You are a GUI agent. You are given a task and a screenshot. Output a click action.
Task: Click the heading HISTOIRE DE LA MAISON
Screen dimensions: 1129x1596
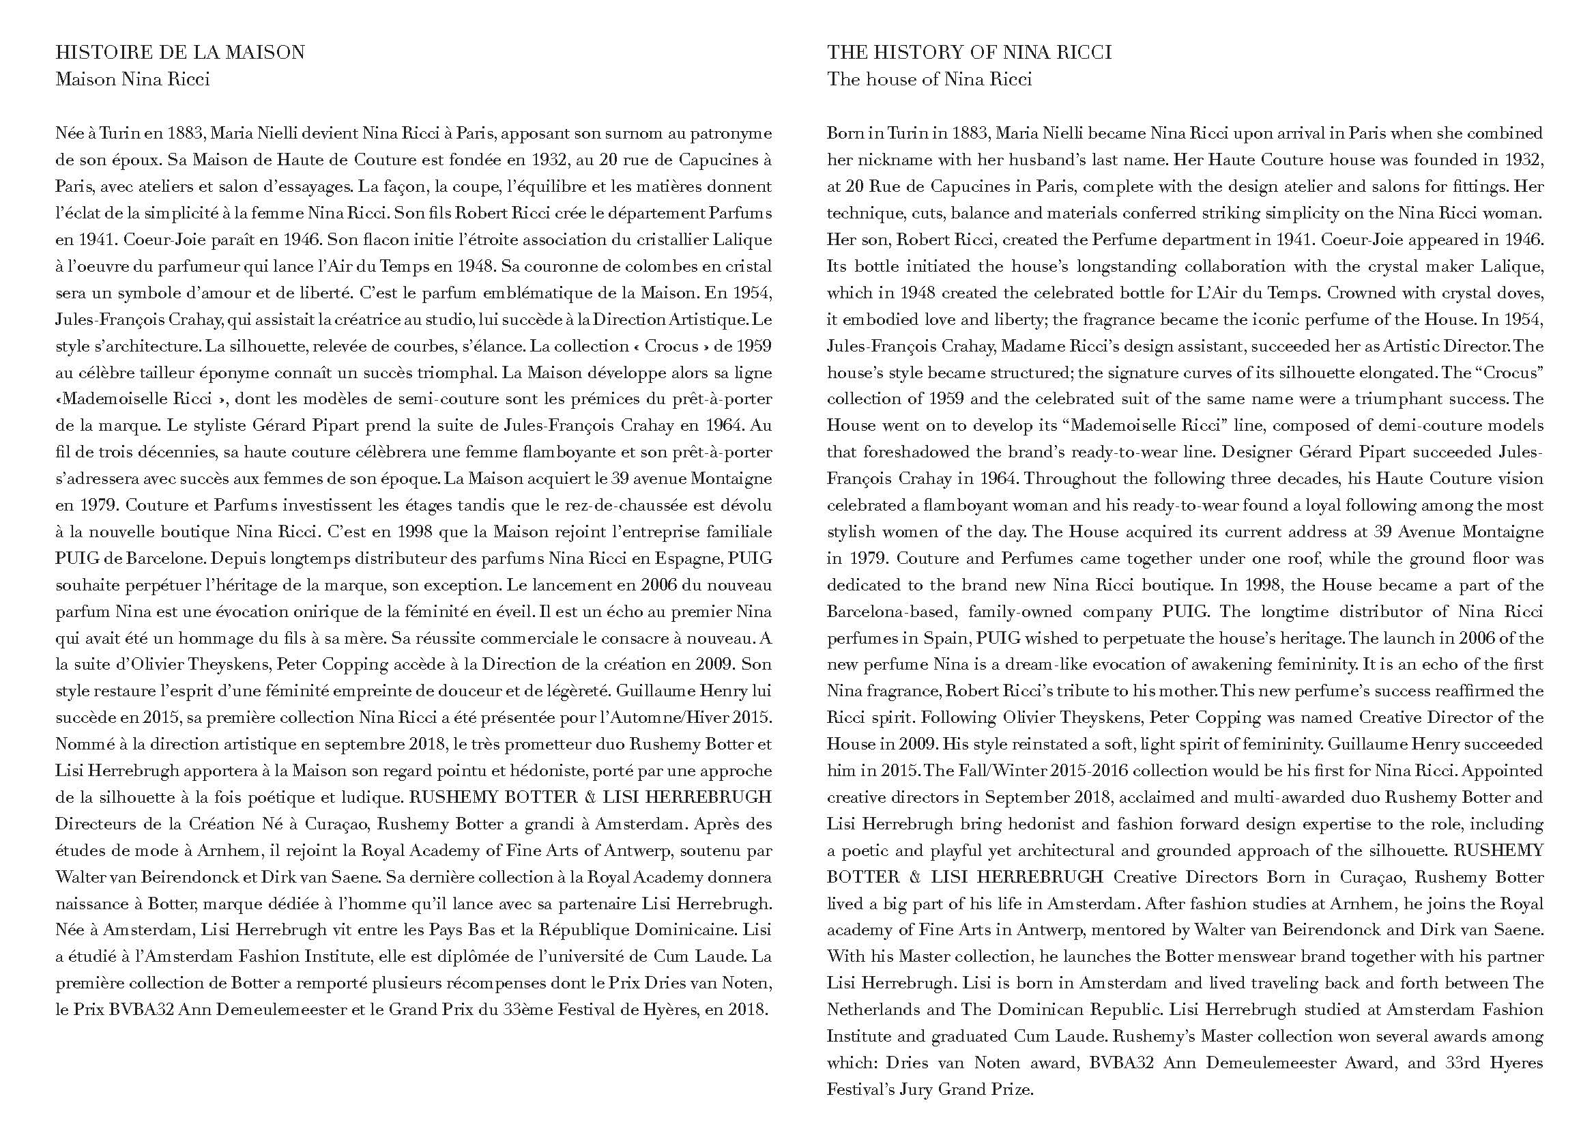point(180,52)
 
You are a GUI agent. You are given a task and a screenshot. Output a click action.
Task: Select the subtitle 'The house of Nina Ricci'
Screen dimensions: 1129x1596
point(929,79)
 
